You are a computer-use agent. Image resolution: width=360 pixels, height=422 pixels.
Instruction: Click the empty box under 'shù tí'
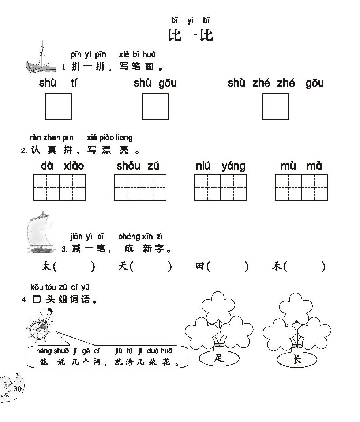(x=58, y=106)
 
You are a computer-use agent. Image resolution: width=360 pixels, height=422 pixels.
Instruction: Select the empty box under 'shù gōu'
(x=155, y=106)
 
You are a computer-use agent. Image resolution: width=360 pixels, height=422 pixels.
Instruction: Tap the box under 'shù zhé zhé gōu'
(x=276, y=106)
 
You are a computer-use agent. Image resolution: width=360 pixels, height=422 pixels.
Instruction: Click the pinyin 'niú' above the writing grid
(x=203, y=166)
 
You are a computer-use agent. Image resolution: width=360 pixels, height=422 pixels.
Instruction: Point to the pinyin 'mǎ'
(x=314, y=166)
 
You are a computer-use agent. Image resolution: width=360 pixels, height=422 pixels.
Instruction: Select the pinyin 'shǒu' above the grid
(x=128, y=166)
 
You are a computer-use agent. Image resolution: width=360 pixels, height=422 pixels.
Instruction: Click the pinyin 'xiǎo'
(x=74, y=166)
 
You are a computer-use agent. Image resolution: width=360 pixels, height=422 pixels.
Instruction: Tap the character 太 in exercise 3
(x=46, y=266)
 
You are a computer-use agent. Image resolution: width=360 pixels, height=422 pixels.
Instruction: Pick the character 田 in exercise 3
(x=200, y=266)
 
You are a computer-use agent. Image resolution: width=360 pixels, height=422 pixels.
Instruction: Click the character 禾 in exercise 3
(x=277, y=266)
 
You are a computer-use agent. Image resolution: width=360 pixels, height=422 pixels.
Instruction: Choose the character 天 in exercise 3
(x=123, y=266)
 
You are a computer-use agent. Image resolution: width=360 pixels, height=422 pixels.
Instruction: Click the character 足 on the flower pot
(x=219, y=358)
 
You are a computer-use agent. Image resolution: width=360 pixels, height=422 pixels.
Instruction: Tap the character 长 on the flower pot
(x=297, y=359)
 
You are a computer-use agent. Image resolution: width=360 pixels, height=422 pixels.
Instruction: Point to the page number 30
(x=17, y=389)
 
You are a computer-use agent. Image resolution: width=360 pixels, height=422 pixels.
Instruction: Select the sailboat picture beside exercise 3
(x=40, y=232)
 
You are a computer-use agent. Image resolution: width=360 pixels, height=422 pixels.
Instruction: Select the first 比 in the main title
(x=175, y=35)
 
